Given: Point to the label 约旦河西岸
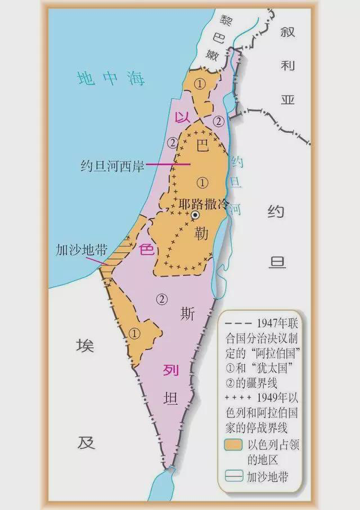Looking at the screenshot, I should click(x=112, y=167).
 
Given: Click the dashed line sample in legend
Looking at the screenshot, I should click(x=238, y=323).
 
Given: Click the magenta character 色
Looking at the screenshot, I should click(x=146, y=249).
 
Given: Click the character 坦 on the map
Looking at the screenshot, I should click(x=171, y=399).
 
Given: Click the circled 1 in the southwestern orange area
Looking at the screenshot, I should click(x=133, y=333).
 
